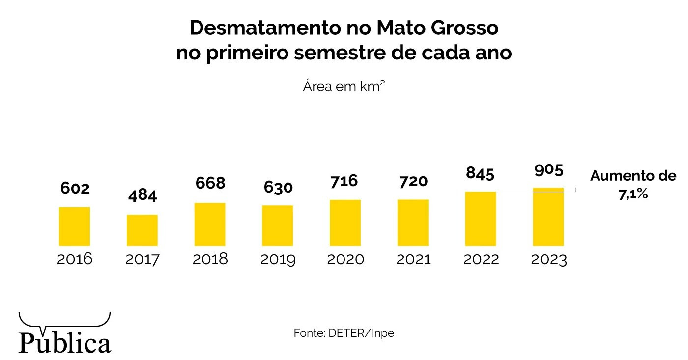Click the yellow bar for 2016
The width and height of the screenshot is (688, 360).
tap(74, 226)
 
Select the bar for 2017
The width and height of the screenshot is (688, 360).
tap(142, 230)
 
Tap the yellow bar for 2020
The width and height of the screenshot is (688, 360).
tap(345, 223)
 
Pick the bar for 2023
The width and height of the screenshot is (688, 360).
tap(548, 217)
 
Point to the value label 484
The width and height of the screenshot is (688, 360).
tap(143, 195)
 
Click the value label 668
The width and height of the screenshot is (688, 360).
tap(210, 183)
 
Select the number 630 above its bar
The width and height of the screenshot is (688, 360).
tap(278, 187)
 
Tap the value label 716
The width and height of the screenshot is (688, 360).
tap(344, 181)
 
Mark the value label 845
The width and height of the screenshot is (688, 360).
tap(480, 174)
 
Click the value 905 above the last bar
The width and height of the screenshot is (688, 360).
tap(549, 170)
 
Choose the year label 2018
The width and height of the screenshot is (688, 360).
tap(210, 259)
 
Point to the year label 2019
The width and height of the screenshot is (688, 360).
tap(278, 260)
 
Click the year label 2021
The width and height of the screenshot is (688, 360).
tap(413, 259)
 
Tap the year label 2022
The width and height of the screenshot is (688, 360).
tap(481, 259)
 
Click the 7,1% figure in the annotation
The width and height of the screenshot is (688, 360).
tap(633, 194)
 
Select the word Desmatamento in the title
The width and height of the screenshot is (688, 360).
tap(265, 28)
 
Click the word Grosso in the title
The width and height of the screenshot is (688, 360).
tap(465, 28)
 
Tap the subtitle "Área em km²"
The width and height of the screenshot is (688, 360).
tap(344, 86)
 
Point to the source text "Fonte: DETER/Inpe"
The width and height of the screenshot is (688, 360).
tap(344, 333)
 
